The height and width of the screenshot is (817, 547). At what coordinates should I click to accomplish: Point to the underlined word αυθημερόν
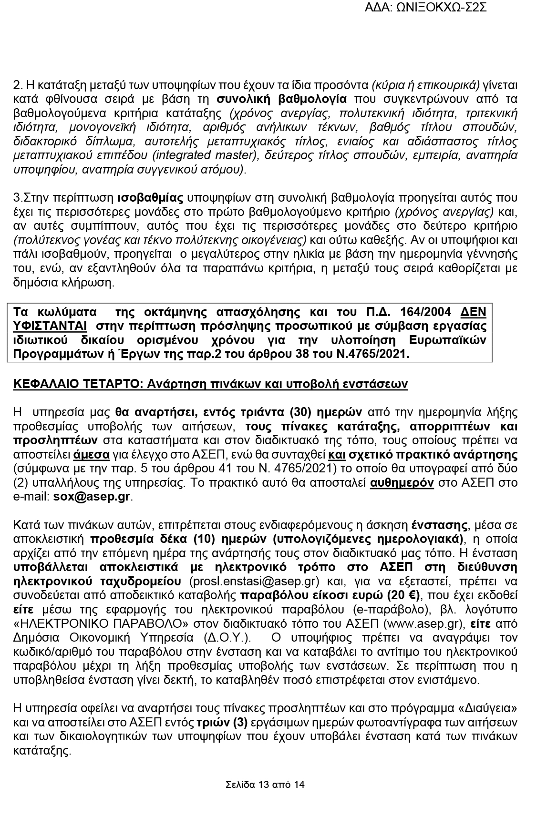pyautogui.click(x=402, y=482)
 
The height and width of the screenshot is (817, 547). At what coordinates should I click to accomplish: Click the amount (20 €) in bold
pyautogui.click(x=403, y=595)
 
